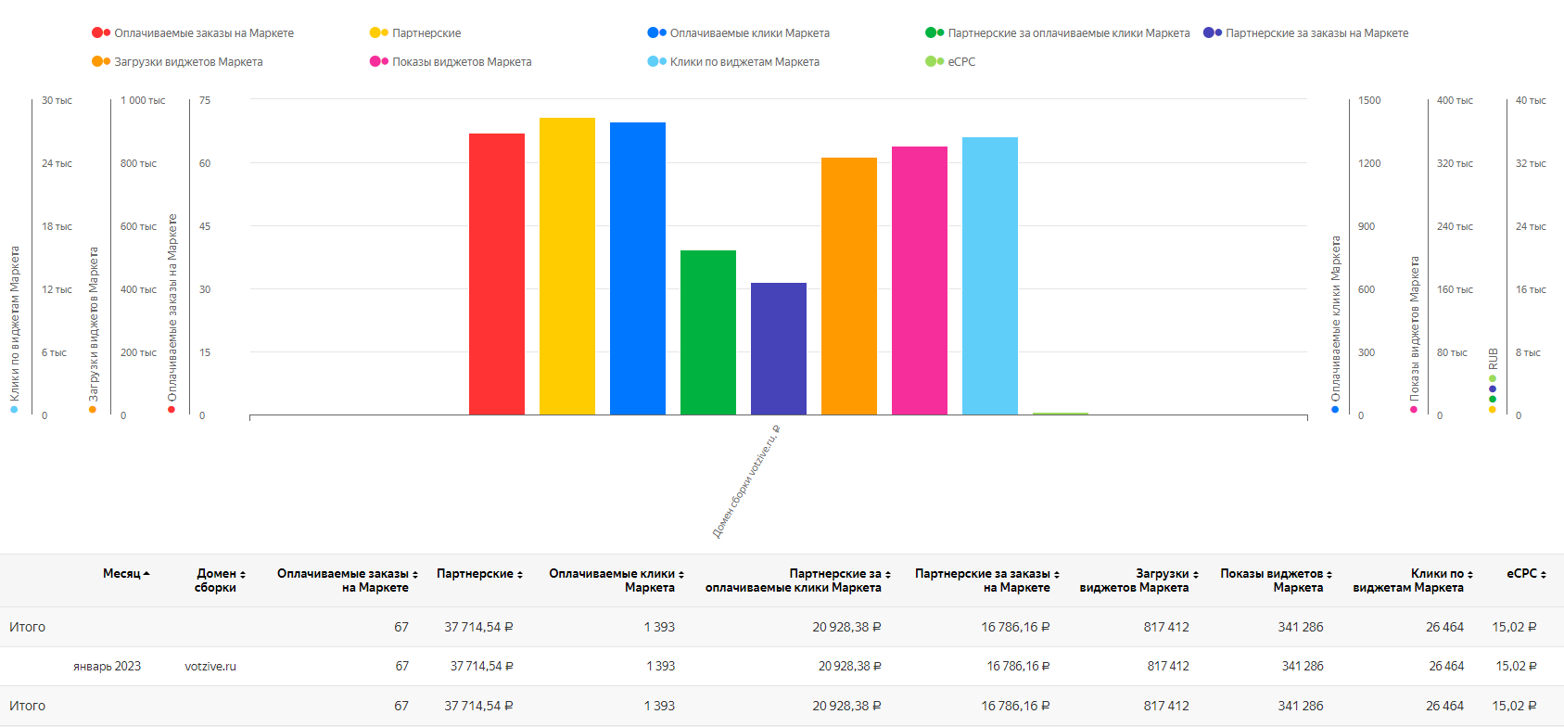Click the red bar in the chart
tap(496, 274)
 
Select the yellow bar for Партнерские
tap(567, 266)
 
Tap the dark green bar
tap(708, 332)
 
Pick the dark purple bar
tap(779, 349)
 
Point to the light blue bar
tap(990, 275)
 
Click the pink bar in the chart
tap(920, 281)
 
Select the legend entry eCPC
tap(950, 61)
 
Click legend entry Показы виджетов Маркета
tap(451, 61)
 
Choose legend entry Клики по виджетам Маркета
tap(734, 61)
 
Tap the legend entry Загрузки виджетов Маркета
tap(177, 61)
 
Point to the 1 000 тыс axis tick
tap(143, 100)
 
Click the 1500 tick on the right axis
tap(1369, 100)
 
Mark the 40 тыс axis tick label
tap(1531, 100)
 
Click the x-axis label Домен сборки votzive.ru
tap(745, 481)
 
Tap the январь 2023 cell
tap(107, 666)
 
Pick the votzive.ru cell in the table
tap(210, 666)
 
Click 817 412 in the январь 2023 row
tap(1168, 666)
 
